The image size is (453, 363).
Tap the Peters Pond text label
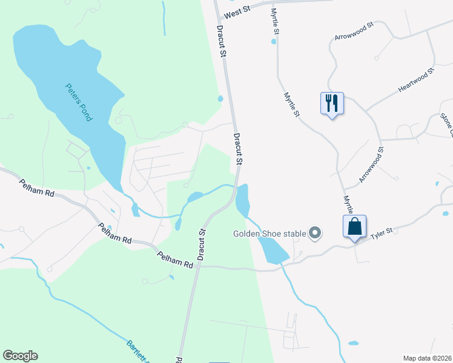coord(78,102)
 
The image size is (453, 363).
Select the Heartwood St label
coord(417,80)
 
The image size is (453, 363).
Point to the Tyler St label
coord(382,231)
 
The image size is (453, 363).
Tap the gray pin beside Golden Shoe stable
coord(315,232)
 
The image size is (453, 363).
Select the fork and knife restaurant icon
coord(332,103)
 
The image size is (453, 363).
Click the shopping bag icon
coord(355,227)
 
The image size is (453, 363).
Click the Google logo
coord(20,356)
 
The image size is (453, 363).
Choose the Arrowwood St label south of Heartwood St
coord(371,164)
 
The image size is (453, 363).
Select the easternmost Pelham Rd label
coord(175,260)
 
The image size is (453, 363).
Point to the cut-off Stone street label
coord(446,125)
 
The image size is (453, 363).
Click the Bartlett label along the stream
coord(139,352)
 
